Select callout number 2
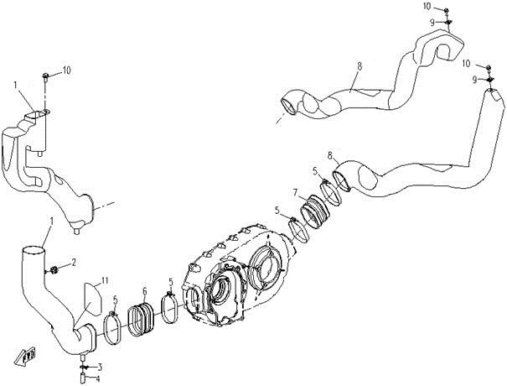74,263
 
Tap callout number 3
100,368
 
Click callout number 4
98,378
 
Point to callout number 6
144,290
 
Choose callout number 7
295,192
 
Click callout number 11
105,280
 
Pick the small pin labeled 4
83,378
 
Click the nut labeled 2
54,269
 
